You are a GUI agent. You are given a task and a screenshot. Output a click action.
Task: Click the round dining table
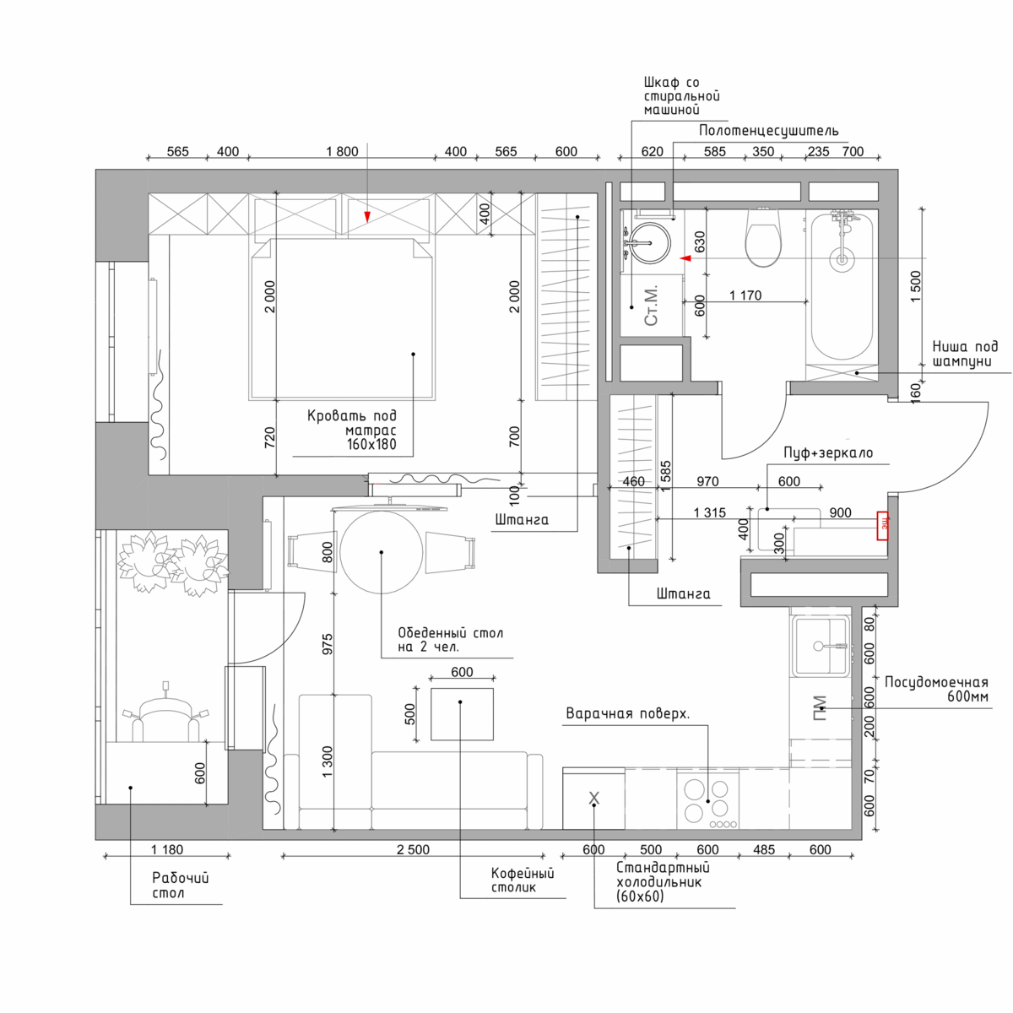[x=381, y=552]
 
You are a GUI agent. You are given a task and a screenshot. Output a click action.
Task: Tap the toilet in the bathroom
[x=763, y=237]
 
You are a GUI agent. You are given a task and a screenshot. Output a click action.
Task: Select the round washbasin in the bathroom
[x=651, y=243]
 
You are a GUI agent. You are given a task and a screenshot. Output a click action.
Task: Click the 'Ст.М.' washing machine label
[x=651, y=306]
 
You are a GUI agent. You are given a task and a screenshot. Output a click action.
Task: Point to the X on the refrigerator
[x=593, y=798]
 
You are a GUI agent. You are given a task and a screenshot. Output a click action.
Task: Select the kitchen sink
[x=821, y=646]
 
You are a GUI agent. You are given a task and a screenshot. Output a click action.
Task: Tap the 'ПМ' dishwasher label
[x=820, y=708]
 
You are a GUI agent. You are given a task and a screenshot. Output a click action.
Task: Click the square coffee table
[x=462, y=714]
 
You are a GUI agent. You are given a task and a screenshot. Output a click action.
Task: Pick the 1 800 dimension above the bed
[x=342, y=151]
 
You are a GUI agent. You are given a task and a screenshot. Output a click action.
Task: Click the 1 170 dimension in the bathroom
[x=745, y=295]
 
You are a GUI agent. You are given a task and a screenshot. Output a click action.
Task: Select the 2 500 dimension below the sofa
[x=413, y=849]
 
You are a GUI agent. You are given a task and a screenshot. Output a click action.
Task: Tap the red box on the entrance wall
[x=883, y=526]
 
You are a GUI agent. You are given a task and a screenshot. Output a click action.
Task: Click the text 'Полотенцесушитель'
[x=768, y=131]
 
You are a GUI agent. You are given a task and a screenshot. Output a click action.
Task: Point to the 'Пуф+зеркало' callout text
[x=828, y=452]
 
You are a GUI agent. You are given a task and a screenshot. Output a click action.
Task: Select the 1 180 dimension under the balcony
[x=167, y=849]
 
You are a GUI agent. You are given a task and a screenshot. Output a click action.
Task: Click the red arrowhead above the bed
[x=367, y=217]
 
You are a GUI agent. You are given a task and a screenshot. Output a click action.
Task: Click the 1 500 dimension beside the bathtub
[x=916, y=286]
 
